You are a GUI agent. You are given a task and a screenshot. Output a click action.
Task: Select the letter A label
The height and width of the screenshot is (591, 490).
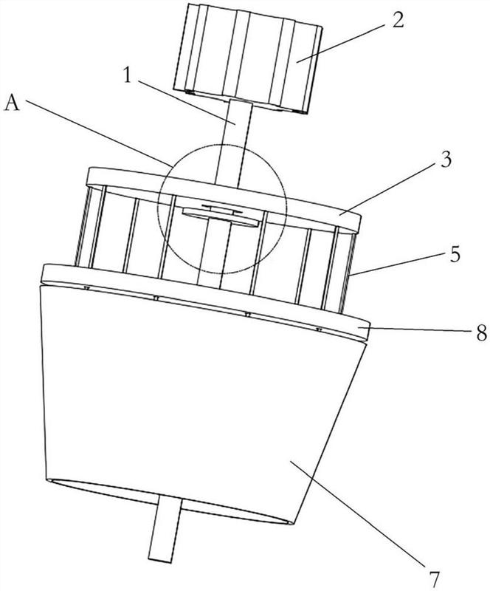(12, 103)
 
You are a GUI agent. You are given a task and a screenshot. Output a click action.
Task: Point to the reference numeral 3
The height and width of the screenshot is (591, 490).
(446, 160)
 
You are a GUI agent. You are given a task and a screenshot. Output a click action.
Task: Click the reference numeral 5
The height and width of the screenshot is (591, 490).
(455, 254)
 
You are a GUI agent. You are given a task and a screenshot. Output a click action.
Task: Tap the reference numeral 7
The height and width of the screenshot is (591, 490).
(433, 578)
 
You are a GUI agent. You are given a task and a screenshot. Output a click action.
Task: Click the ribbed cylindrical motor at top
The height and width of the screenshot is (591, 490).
(248, 59)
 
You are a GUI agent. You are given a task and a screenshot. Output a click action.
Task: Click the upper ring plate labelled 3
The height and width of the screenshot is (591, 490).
(224, 199)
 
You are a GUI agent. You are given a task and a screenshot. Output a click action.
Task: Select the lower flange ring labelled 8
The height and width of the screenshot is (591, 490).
(205, 296)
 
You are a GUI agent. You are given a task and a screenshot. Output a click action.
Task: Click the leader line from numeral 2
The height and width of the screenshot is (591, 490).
(342, 43)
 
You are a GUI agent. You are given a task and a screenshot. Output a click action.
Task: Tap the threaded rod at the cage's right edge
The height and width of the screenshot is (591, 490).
(348, 273)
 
